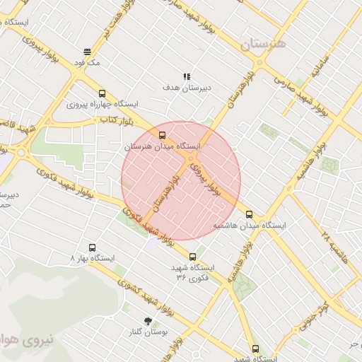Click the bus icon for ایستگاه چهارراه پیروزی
(103, 93)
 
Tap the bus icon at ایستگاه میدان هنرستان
(163, 135)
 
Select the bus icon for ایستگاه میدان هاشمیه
(249, 214)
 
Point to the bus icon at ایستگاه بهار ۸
(92, 247)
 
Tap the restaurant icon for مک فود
(87, 52)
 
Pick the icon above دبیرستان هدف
(187, 76)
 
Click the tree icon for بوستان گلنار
(147, 321)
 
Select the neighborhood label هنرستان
(261, 44)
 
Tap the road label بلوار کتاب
(118, 122)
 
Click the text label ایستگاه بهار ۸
(92, 259)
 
